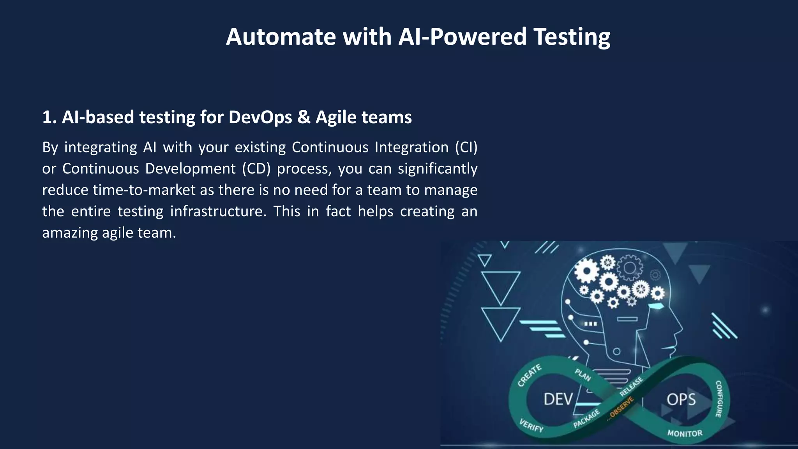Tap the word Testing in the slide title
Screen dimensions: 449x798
572,37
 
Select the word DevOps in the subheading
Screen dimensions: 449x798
260,117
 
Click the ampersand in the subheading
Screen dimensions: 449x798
304,117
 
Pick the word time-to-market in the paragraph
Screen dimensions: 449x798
144,190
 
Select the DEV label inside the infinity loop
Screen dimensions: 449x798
558,400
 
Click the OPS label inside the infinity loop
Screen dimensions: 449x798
681,400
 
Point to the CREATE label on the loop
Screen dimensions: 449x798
529,375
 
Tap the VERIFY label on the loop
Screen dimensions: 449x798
531,425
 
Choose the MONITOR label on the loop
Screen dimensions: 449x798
685,433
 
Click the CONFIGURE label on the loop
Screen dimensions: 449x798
719,398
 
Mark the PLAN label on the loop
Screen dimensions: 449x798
583,375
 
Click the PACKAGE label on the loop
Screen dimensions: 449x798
586,419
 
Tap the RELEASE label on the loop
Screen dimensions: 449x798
631,386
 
